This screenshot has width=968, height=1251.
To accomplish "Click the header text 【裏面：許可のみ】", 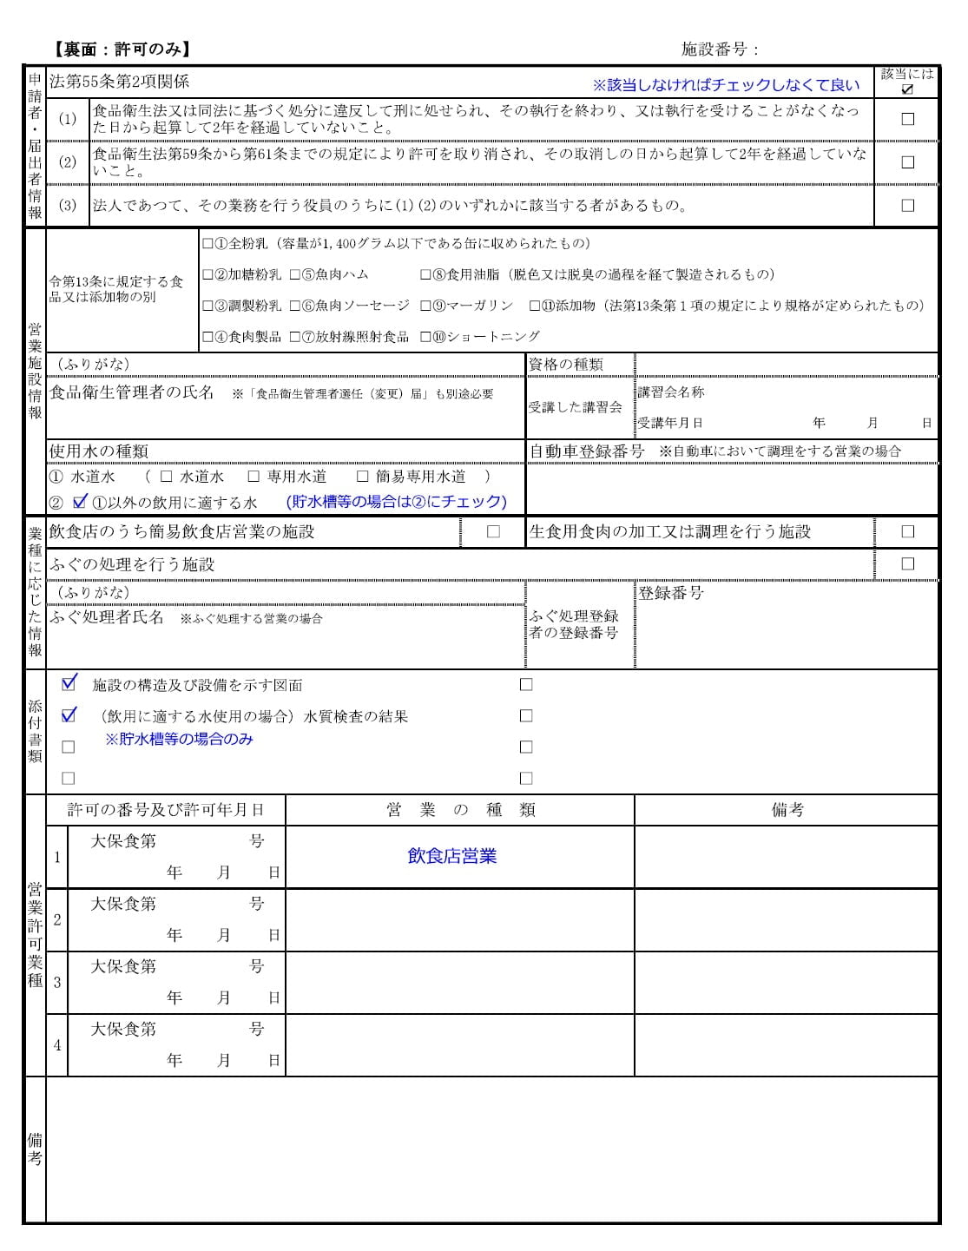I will (122, 49).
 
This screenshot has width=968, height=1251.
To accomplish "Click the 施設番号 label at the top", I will (720, 49).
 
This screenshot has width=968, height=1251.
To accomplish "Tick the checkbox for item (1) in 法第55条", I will (907, 120).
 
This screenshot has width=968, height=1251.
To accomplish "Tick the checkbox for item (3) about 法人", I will (907, 206).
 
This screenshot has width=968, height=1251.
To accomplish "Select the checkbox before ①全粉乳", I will (207, 244).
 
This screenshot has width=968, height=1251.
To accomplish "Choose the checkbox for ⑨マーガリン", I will (425, 306).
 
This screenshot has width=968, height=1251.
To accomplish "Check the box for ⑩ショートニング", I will (425, 337).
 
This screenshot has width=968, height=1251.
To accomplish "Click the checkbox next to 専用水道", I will (254, 477).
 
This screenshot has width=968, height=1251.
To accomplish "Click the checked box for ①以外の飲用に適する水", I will (80, 502).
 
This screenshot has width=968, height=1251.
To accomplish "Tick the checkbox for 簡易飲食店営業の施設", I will (493, 532).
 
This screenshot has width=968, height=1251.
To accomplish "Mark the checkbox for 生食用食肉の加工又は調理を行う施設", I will (907, 532).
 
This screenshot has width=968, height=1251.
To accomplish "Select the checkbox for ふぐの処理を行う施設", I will (907, 564).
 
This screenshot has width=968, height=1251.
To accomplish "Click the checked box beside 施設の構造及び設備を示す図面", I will (69, 684).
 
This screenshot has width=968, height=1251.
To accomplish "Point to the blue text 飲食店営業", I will (451, 857).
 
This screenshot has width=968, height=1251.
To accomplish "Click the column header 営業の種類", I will (460, 810).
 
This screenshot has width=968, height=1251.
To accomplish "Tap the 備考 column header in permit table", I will (787, 810).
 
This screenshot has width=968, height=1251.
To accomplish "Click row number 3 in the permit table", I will (57, 983).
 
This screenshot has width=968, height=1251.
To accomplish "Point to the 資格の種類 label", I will (565, 365).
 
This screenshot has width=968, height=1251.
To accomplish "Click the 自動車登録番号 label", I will (587, 451).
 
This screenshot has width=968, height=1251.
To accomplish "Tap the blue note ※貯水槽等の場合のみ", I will (179, 740).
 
